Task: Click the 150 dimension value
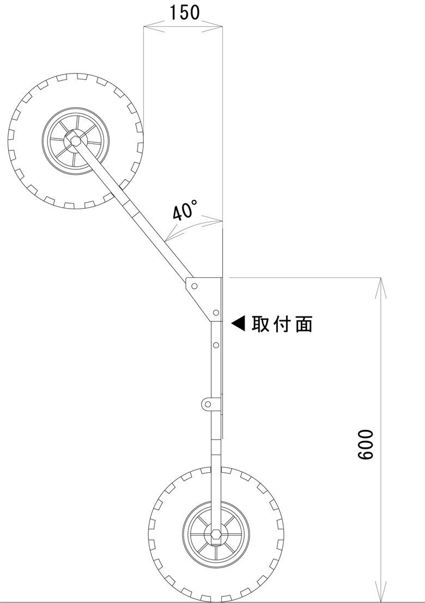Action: [x=184, y=12]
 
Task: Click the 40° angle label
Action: [x=185, y=210]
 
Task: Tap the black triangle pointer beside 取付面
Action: [x=239, y=324]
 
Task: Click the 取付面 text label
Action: [x=282, y=324]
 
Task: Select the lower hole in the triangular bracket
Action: [x=216, y=313]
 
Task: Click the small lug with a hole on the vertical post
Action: [x=208, y=404]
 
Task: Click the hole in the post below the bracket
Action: [x=216, y=345]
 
